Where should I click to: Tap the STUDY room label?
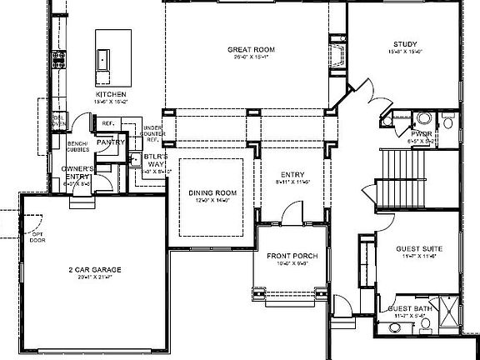pos(405,44)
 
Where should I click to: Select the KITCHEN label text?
pos(111,95)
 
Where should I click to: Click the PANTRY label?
pos(110,142)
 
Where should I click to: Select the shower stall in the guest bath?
pos(446,315)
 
